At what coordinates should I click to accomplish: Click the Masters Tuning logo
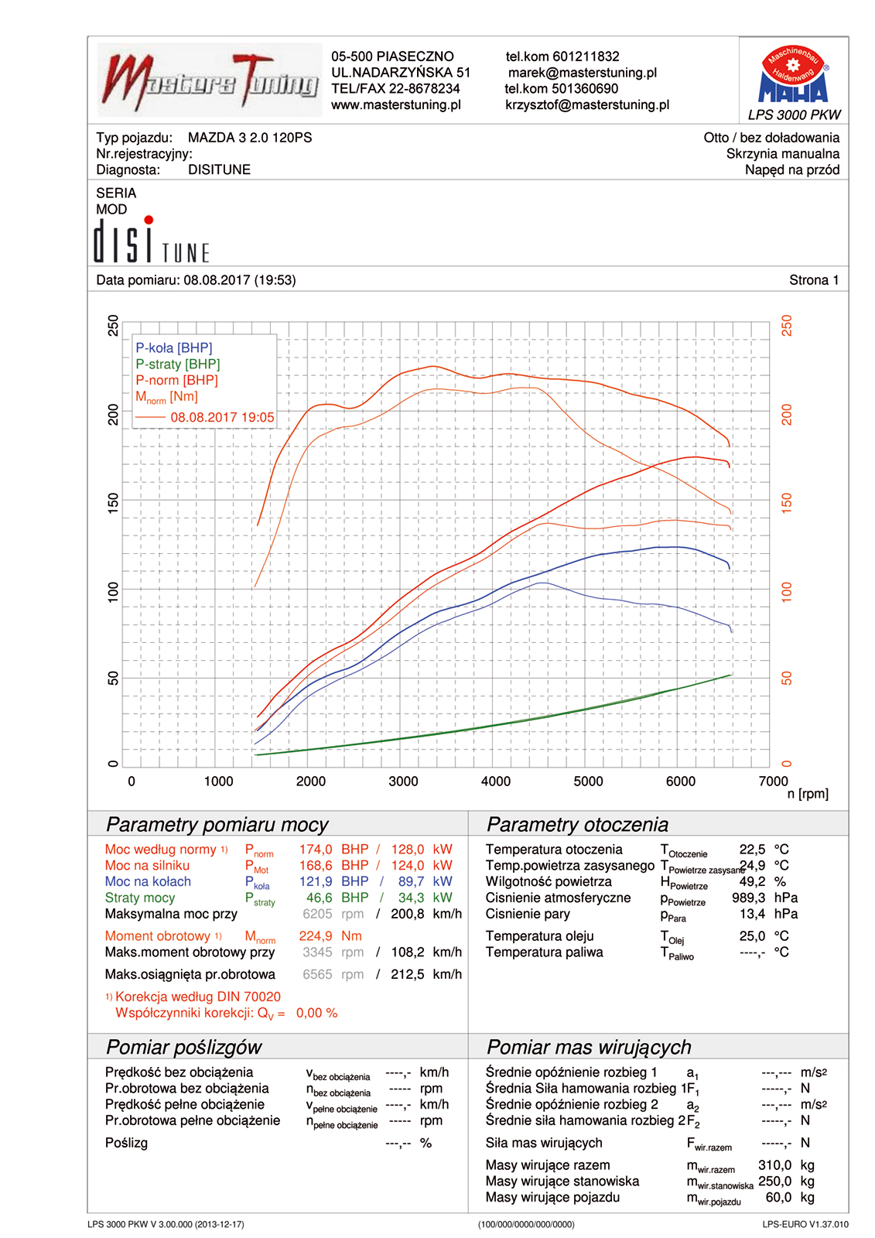click(x=209, y=80)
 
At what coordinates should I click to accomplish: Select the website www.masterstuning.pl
click(x=396, y=105)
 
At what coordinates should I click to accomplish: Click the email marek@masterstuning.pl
click(x=582, y=73)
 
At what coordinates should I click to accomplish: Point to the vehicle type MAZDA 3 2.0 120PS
click(x=250, y=138)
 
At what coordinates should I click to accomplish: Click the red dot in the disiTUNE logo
click(x=149, y=220)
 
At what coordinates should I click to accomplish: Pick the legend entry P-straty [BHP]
click(x=178, y=364)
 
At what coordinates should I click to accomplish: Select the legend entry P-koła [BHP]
click(x=174, y=348)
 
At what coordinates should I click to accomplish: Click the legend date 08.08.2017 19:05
click(x=222, y=418)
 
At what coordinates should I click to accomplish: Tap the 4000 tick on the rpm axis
click(x=496, y=781)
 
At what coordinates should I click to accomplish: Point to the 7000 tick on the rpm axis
click(x=773, y=781)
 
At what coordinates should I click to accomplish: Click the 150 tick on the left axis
click(x=114, y=503)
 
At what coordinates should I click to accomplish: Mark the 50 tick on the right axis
click(x=787, y=679)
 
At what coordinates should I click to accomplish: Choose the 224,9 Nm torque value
click(x=330, y=936)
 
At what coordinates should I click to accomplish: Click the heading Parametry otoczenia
click(x=577, y=825)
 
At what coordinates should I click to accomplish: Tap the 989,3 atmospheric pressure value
click(x=748, y=898)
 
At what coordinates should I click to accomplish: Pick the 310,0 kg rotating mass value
click(x=774, y=1165)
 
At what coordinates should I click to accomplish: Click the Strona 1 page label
click(x=814, y=280)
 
